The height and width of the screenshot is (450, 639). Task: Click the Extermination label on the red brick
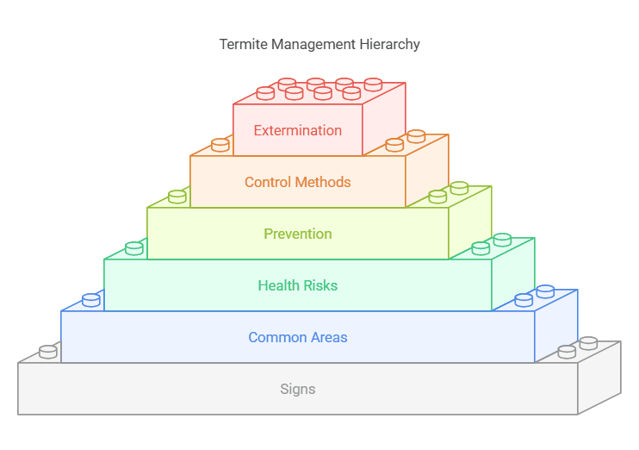[x=297, y=130]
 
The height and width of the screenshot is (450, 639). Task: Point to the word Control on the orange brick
[x=267, y=182]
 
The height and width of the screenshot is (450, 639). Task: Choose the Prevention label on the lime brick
[x=297, y=234]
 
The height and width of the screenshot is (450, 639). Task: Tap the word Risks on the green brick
[x=320, y=285]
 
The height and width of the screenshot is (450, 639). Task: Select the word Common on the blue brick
[x=277, y=337]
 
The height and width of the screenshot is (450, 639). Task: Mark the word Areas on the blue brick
[x=329, y=337]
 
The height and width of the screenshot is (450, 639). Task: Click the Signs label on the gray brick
[x=297, y=389]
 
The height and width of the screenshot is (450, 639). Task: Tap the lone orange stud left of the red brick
[x=220, y=145]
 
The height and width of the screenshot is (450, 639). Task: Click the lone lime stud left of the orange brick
[x=177, y=197]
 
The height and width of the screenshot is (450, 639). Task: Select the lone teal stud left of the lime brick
[x=134, y=248]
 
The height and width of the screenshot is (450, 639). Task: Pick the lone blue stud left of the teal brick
[x=91, y=300]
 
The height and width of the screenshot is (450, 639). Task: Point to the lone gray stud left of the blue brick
[x=48, y=352]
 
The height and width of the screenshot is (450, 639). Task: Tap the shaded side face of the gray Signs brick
[x=599, y=378]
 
